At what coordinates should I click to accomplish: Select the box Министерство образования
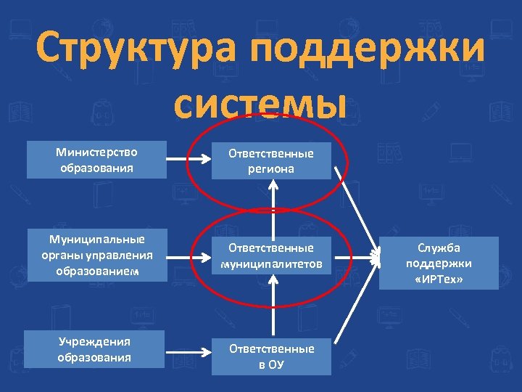click(x=96, y=160)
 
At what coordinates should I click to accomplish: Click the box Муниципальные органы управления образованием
click(x=96, y=256)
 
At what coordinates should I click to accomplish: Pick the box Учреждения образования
click(x=96, y=349)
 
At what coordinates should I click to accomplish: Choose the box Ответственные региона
click(x=272, y=161)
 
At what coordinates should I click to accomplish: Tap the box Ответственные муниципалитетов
click(x=272, y=256)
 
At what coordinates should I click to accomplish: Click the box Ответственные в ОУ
click(x=272, y=356)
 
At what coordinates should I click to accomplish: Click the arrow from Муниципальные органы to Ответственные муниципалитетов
click(x=188, y=255)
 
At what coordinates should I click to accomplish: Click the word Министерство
click(x=96, y=152)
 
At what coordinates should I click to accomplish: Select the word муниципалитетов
click(x=272, y=264)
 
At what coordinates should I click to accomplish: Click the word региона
click(x=272, y=168)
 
